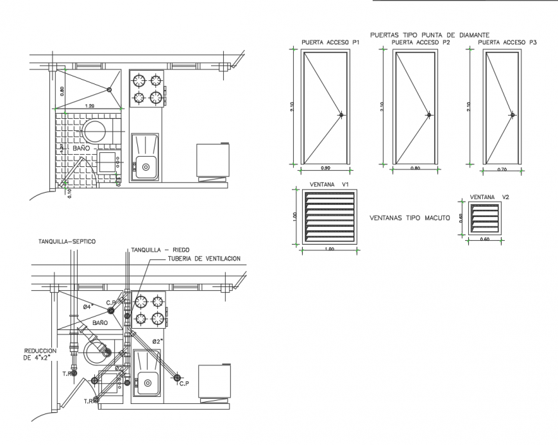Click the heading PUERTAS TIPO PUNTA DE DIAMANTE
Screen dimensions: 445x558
tap(430, 35)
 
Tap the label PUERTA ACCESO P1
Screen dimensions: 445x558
tap(328, 42)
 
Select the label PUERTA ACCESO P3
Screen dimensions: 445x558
tap(507, 42)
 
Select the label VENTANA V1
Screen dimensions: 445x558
tap(328, 184)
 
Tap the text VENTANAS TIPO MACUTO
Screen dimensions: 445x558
tap(409, 218)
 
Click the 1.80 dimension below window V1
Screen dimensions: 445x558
tap(328, 249)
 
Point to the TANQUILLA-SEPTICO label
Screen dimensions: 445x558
tap(67, 241)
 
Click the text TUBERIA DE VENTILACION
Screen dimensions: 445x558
tap(204, 258)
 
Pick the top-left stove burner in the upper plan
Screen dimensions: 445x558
tap(139, 81)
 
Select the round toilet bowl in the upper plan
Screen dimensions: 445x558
tap(97, 130)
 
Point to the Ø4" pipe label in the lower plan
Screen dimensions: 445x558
tap(88, 307)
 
